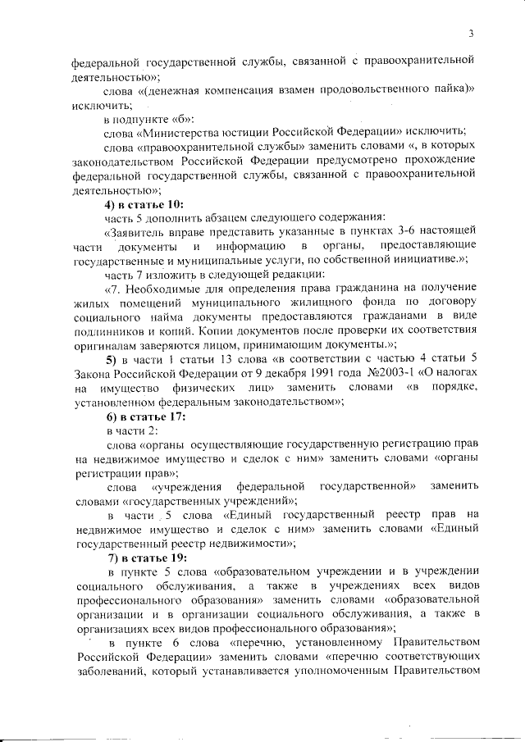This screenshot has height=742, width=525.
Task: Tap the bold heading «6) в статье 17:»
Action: point(139,417)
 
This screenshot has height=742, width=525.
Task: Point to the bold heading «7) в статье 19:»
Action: point(139,558)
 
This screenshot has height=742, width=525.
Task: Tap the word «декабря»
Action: point(264,373)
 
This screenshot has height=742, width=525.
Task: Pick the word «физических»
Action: point(203,387)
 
